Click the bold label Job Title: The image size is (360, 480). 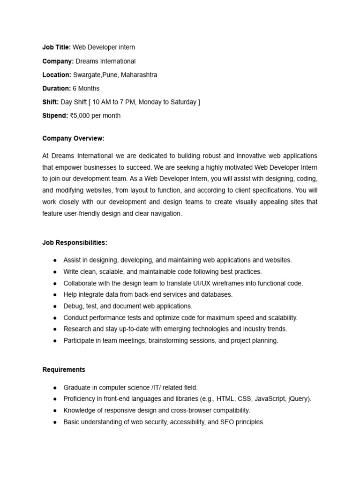coord(56,47)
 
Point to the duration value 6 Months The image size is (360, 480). coord(86,88)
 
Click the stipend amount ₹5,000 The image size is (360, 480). coord(80,115)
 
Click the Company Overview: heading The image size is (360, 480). coord(73,138)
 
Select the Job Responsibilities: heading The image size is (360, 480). coord(75,242)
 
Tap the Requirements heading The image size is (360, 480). coord(64,369)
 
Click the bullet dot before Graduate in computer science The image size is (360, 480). coord(55,388)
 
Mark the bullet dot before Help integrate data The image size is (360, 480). coord(55,295)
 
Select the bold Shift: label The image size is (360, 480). coord(51,102)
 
